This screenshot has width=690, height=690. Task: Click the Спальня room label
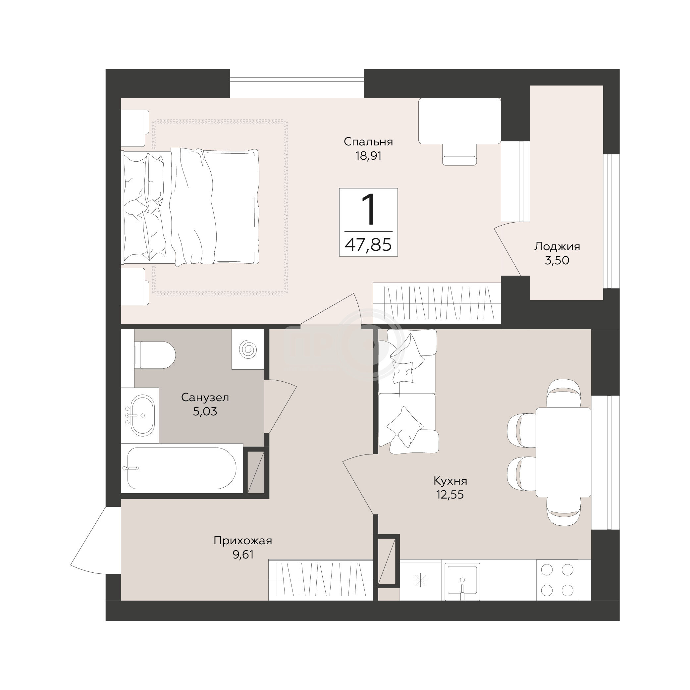[368, 142]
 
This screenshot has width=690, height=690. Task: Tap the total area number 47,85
[368, 245]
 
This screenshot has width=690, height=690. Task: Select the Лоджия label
[557, 246]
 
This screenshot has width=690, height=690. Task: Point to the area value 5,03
[205, 411]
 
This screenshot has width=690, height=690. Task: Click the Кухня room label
[450, 481]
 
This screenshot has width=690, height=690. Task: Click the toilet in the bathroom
[155, 355]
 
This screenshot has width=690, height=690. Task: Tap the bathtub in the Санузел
[182, 468]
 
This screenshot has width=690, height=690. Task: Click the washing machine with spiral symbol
[248, 349]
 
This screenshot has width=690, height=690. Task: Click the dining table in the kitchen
[563, 452]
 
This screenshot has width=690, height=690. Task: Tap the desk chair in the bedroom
[459, 154]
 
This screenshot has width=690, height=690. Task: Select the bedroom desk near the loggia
[460, 121]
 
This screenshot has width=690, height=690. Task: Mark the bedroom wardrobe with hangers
[437, 303]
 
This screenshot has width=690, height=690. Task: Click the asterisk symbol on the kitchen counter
[420, 580]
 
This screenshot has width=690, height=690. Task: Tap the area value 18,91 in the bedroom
[368, 156]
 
